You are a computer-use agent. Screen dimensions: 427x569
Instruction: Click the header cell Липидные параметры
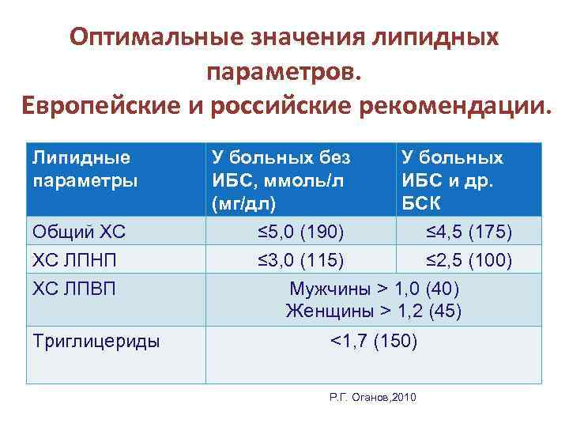82,168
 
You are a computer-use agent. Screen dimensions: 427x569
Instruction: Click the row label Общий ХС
80,232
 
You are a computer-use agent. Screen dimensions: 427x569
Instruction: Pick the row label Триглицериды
96,342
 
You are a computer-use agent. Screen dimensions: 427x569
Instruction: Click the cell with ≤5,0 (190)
300,232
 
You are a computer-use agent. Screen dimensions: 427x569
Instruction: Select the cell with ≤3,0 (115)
300,260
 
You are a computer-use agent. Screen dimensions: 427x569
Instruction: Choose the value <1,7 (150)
374,342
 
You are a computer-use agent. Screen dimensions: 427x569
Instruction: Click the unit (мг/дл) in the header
244,203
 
